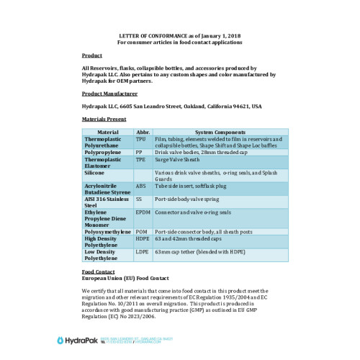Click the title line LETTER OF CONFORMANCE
point(179,36)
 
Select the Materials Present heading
point(104,118)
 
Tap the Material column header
point(108,132)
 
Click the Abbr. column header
point(142,132)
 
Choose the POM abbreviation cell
point(141,231)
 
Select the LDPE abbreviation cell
point(142,252)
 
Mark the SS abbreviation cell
point(139,199)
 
